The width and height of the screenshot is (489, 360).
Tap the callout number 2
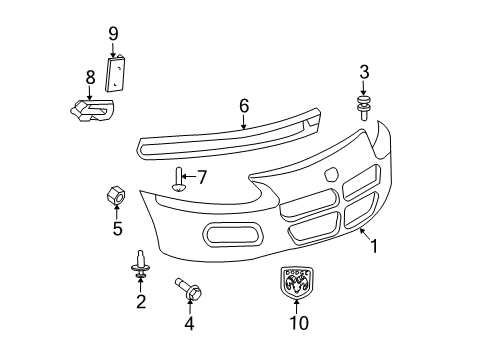(x=141, y=301)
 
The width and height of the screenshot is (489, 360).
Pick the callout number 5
(x=117, y=229)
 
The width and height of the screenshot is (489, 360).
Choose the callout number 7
(x=201, y=178)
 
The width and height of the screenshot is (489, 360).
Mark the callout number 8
(x=90, y=76)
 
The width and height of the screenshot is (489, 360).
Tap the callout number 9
(x=113, y=34)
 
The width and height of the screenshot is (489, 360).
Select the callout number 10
(x=299, y=322)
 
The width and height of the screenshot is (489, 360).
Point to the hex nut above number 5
(x=116, y=196)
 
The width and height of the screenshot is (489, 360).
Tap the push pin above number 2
(x=140, y=265)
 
